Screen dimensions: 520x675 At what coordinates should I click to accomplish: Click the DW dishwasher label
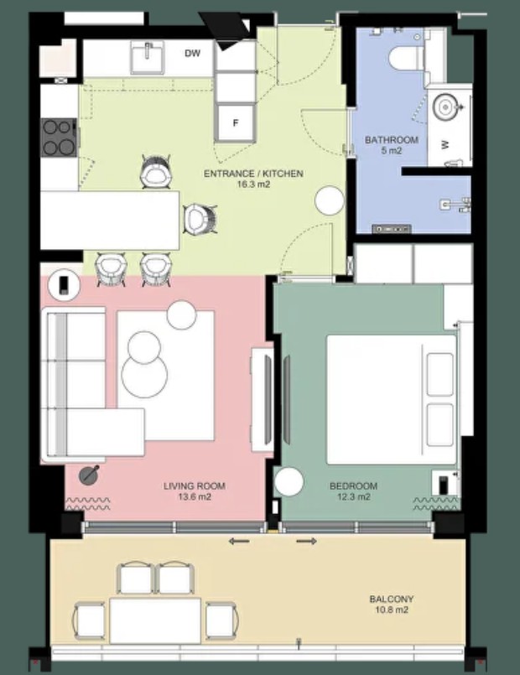[x=192, y=54]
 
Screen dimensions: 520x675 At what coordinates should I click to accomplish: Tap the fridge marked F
[x=236, y=122]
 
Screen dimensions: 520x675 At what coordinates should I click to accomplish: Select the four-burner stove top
[x=60, y=138]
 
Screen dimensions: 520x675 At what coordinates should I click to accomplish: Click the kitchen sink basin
[x=148, y=59]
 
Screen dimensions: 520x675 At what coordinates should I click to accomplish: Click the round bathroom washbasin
[x=445, y=106]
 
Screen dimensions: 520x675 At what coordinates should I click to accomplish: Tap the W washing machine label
[x=445, y=144]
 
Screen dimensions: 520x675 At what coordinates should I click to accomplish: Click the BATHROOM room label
[x=392, y=140]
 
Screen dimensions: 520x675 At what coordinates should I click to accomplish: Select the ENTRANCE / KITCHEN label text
[x=253, y=174]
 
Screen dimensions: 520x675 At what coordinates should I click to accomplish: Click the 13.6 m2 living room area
[x=194, y=496]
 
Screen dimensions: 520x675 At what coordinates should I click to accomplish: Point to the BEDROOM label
[x=353, y=486]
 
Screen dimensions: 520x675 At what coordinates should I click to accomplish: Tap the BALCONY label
[x=392, y=599]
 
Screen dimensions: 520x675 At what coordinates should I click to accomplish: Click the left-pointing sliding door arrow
[x=239, y=541]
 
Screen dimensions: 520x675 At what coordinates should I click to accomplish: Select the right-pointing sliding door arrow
[x=306, y=541]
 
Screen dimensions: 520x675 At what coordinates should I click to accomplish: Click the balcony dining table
[x=155, y=620]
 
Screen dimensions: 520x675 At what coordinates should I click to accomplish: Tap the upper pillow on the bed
[x=439, y=374]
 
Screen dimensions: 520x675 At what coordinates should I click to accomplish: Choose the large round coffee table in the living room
[x=144, y=376]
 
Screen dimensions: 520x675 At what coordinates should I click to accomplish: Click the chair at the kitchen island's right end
[x=200, y=219]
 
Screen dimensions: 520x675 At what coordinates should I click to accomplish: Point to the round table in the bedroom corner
[x=289, y=481]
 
